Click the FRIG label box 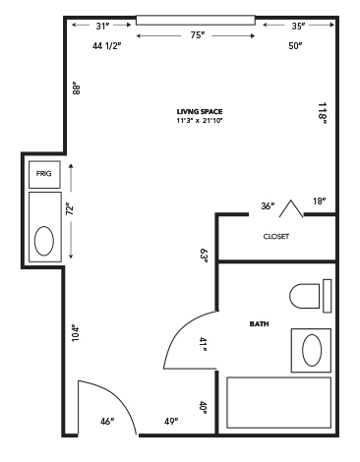44,174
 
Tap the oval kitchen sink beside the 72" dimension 44,241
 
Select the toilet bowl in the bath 305,296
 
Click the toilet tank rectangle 328,296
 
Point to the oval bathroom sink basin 312,350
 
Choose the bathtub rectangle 279,403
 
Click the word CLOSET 276,236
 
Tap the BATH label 259,324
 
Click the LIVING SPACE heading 200,112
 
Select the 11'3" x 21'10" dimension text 200,121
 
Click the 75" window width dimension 198,35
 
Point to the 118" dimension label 323,113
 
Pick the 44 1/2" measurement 107,46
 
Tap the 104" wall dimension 76,333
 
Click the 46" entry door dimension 107,421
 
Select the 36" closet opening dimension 268,206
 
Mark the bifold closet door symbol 291,208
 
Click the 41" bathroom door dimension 204,344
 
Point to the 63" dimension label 205,256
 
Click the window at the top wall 196,20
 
